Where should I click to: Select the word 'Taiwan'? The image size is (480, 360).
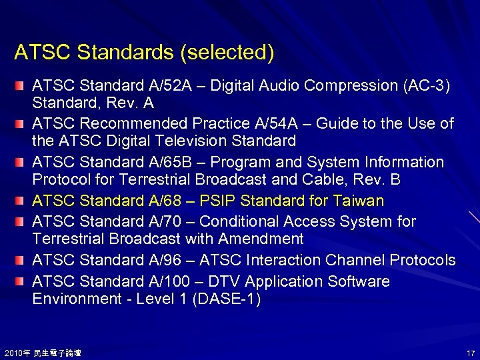pyautogui.click(x=359, y=201)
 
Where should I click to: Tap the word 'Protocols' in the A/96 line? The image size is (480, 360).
pyautogui.click(x=423, y=260)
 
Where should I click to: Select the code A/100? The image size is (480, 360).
pyautogui.click(x=176, y=281)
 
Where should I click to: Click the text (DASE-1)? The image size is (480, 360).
pyautogui.click(x=226, y=299)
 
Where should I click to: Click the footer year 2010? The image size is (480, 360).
pyautogui.click(x=12, y=352)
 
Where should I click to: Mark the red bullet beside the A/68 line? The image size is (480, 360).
pyautogui.click(x=22, y=200)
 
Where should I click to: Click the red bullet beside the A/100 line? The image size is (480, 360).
pyautogui.click(x=22, y=281)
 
